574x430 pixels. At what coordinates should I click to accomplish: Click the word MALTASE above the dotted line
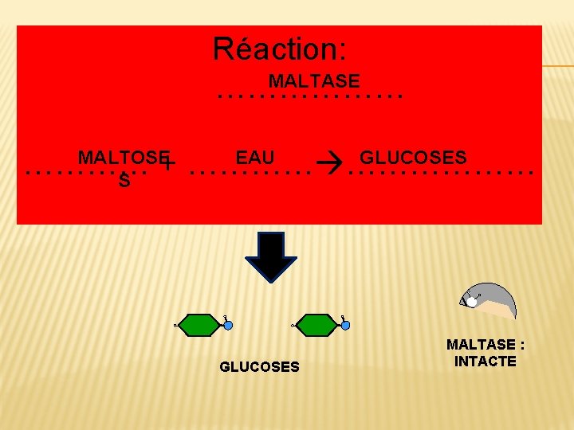[x=314, y=81]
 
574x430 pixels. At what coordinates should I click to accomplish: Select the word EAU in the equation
[x=255, y=157]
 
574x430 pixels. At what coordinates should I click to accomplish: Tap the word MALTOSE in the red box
[x=124, y=157]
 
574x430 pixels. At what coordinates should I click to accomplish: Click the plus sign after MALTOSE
[x=168, y=163]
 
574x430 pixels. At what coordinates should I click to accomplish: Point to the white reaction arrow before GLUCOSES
[x=328, y=165]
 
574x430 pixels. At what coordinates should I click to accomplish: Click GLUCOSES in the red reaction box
[x=413, y=157]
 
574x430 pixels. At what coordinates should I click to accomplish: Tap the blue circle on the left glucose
[x=228, y=325]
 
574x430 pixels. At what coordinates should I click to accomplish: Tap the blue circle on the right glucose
[x=345, y=325]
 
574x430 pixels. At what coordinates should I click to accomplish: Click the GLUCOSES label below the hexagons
[x=259, y=367]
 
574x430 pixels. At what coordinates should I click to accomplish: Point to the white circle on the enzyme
[x=472, y=302]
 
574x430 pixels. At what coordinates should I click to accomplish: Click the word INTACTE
[x=485, y=362]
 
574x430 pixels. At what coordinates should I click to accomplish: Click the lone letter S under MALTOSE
[x=124, y=182]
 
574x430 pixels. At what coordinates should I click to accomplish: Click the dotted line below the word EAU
[x=250, y=172]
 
